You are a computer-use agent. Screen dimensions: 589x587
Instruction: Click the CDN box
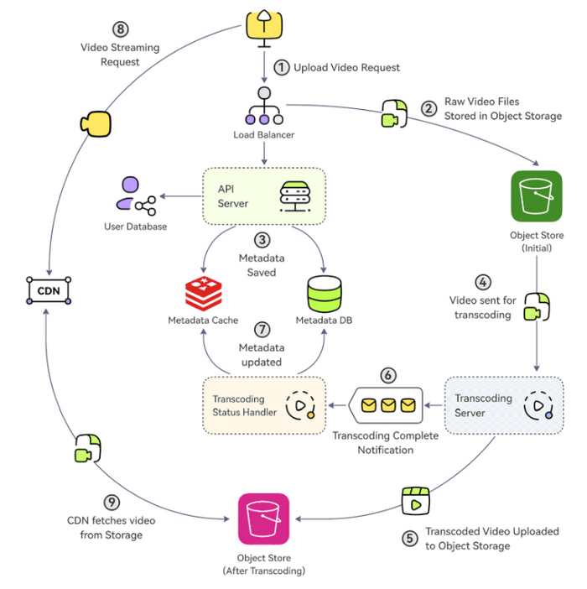47,290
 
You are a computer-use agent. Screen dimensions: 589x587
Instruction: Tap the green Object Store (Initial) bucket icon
536,197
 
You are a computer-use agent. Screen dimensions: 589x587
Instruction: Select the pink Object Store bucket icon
264,519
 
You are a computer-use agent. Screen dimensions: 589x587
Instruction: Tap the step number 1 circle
281,66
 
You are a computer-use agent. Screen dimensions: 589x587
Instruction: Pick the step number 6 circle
387,375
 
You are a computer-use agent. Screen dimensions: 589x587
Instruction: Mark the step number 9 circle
113,503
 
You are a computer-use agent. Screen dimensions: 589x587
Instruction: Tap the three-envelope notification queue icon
387,406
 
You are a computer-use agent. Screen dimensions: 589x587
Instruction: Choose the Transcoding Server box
504,406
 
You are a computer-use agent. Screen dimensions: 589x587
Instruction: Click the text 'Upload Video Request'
346,67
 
